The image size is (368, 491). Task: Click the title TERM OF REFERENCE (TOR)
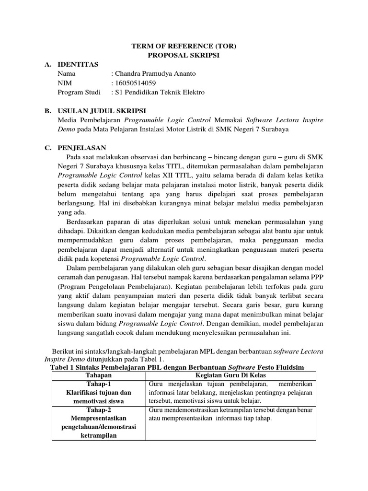tap(184, 46)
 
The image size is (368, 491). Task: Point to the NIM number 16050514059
tap(135, 83)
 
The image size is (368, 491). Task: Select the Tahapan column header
tap(98, 375)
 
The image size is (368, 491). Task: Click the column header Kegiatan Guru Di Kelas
tap(230, 375)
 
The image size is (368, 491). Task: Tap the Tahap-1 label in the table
tap(98, 384)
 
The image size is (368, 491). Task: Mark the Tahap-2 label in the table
tap(98, 410)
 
